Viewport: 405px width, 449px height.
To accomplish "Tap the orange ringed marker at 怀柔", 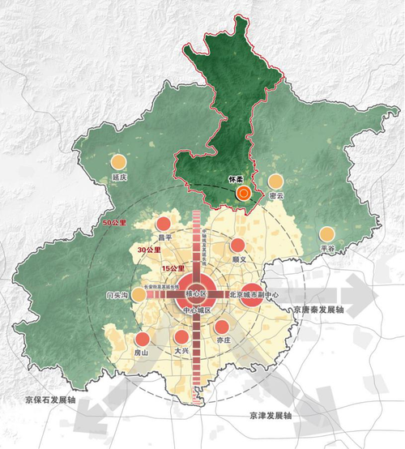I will tap(242, 193).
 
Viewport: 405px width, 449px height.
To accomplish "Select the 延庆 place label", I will tap(121, 177).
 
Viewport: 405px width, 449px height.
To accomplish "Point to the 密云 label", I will tap(276, 196).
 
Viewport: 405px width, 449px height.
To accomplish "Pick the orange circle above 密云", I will tap(276, 182).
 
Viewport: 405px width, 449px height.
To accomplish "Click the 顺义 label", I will tap(238, 259).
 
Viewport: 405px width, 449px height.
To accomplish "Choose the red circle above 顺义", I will tap(237, 245).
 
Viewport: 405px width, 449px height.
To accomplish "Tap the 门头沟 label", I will tap(117, 296).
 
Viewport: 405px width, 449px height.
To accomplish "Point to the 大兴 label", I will tap(181, 353).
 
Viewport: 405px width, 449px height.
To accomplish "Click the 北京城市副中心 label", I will tap(254, 296).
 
